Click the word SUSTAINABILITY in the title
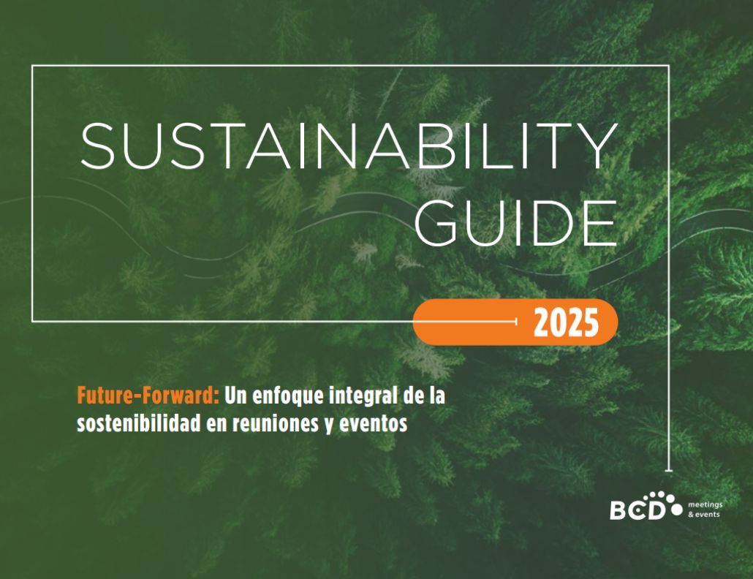pos(349,145)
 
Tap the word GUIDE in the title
pos(515,223)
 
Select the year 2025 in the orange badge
pos(566,322)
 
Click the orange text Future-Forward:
pos(148,396)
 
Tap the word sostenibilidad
pos(138,423)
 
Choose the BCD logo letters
pos(638,510)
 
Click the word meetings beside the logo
pos(705,505)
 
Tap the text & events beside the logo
pos(704,515)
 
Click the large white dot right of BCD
pos(677,509)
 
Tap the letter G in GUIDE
pos(436,223)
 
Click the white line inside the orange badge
pos(465,321)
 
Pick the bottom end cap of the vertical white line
pos(668,471)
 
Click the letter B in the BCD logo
pos(618,510)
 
